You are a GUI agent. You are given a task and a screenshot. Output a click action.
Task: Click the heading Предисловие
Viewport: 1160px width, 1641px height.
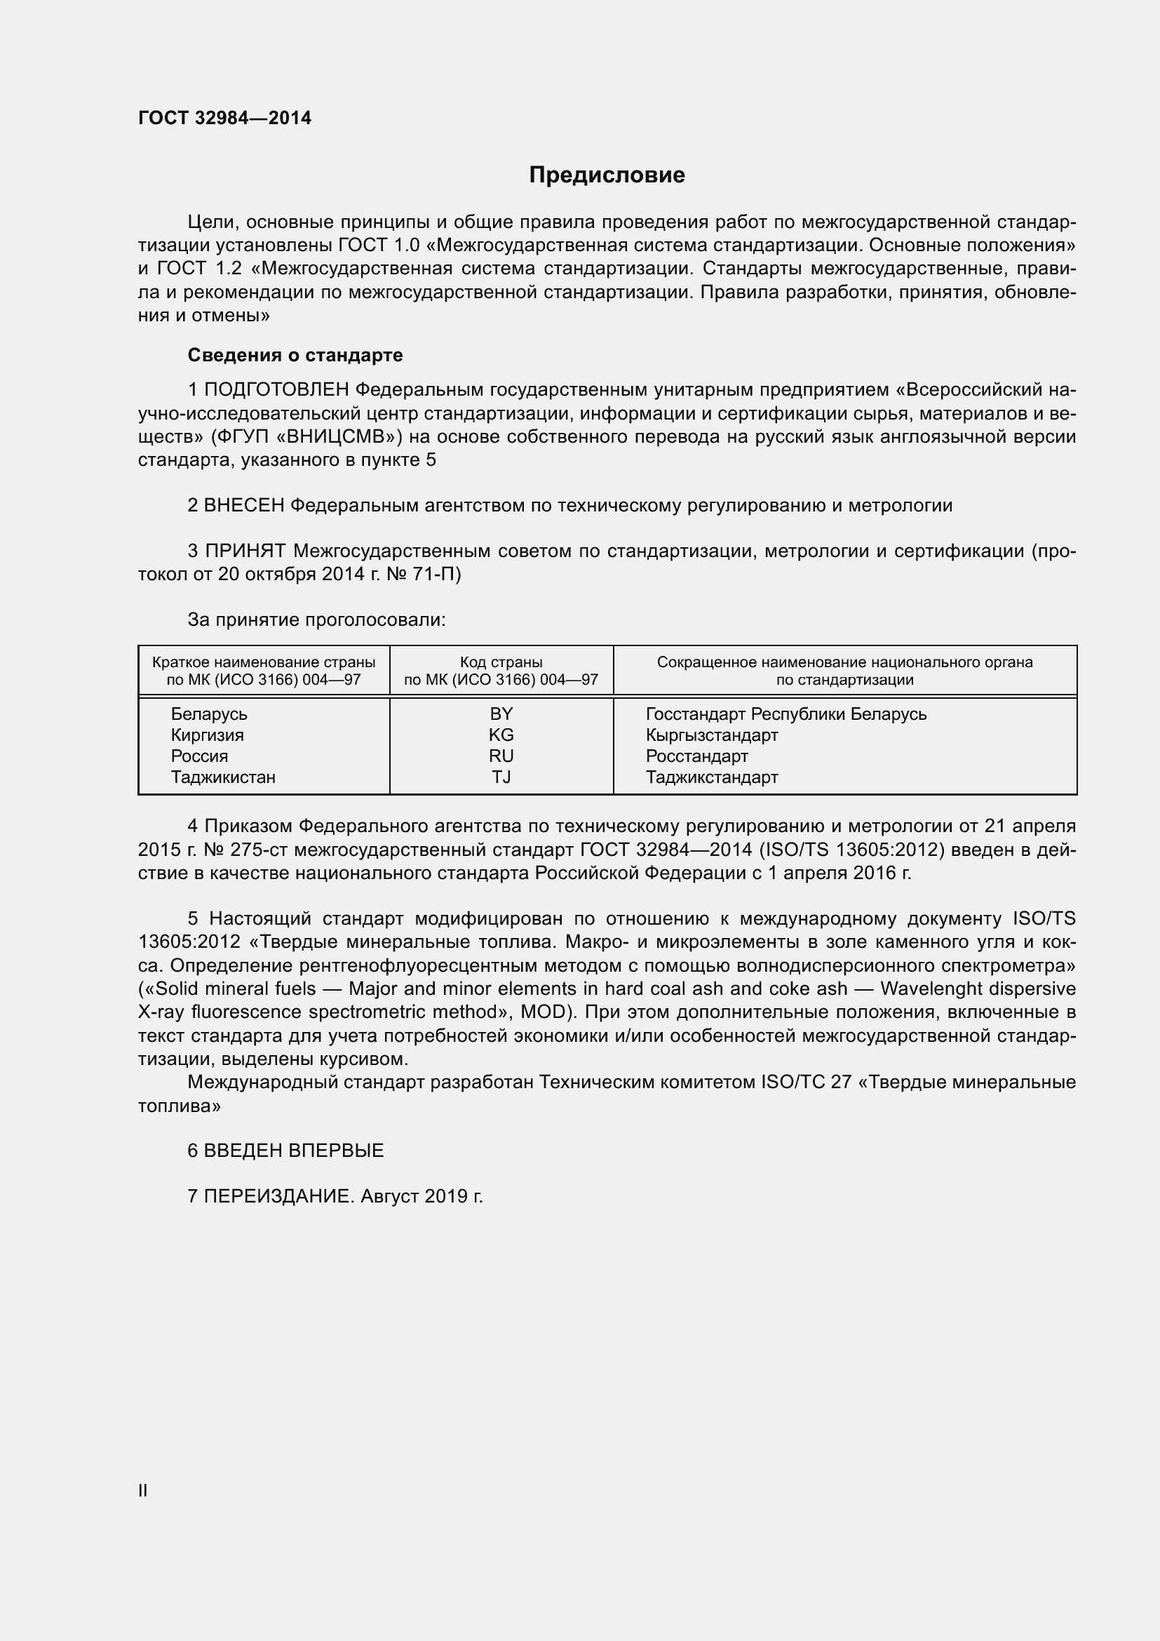pyautogui.click(x=607, y=175)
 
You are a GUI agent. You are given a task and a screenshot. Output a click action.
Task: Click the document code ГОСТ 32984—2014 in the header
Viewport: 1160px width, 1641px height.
pyautogui.click(x=225, y=119)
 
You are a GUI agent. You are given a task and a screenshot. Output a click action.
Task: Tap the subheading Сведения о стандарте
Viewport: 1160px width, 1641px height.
pyautogui.click(x=295, y=355)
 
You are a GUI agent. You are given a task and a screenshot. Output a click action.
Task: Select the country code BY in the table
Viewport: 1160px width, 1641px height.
pyautogui.click(x=501, y=714)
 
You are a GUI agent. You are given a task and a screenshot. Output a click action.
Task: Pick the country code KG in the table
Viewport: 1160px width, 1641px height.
pyautogui.click(x=501, y=735)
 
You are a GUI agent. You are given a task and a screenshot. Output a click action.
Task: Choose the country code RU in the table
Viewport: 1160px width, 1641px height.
pyautogui.click(x=501, y=756)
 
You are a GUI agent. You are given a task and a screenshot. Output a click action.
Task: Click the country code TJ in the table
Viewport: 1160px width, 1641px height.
pyautogui.click(x=501, y=777)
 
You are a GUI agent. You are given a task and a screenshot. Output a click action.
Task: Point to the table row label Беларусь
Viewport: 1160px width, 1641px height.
pyautogui.click(x=208, y=714)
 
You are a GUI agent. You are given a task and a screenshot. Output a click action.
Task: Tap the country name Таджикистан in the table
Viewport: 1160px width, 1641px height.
pyautogui.click(x=223, y=777)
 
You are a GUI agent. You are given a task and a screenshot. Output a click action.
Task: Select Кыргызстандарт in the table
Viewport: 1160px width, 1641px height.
pyautogui.click(x=711, y=735)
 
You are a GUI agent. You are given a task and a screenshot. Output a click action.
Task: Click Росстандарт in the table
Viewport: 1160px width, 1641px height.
pyautogui.click(x=696, y=756)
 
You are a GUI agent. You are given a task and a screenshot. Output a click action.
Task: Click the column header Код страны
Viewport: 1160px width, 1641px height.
pyautogui.click(x=501, y=662)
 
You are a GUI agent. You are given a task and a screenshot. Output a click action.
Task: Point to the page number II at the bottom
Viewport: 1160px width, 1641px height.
pyautogui.click(x=143, y=1490)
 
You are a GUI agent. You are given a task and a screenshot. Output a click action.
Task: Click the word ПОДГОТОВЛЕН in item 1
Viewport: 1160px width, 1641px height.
pyautogui.click(x=276, y=390)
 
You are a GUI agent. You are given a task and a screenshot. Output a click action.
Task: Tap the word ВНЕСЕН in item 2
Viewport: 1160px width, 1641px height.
pyautogui.click(x=244, y=506)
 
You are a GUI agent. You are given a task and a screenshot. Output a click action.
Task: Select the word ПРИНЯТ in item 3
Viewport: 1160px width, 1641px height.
pyautogui.click(x=245, y=551)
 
